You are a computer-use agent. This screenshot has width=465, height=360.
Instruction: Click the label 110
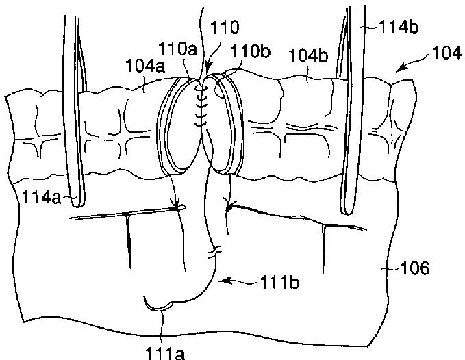[224, 27]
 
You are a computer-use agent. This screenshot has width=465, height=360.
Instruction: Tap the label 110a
[177, 49]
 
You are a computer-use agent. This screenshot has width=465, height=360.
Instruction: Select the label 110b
[250, 51]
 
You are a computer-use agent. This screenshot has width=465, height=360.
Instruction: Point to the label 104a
[145, 66]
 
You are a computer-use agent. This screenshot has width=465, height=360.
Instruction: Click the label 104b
[308, 55]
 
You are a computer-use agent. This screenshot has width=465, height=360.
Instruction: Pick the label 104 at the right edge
[447, 53]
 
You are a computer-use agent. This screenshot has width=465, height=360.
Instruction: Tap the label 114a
[41, 197]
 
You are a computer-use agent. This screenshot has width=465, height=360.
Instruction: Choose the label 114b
[398, 27]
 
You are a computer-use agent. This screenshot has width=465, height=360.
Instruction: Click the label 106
[414, 268]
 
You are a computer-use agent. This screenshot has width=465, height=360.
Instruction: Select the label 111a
[165, 353]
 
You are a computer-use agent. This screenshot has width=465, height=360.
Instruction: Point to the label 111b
[279, 282]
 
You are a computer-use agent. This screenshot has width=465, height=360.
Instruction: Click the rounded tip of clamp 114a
[77, 203]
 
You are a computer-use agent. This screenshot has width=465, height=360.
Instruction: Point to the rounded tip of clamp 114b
[348, 210]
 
